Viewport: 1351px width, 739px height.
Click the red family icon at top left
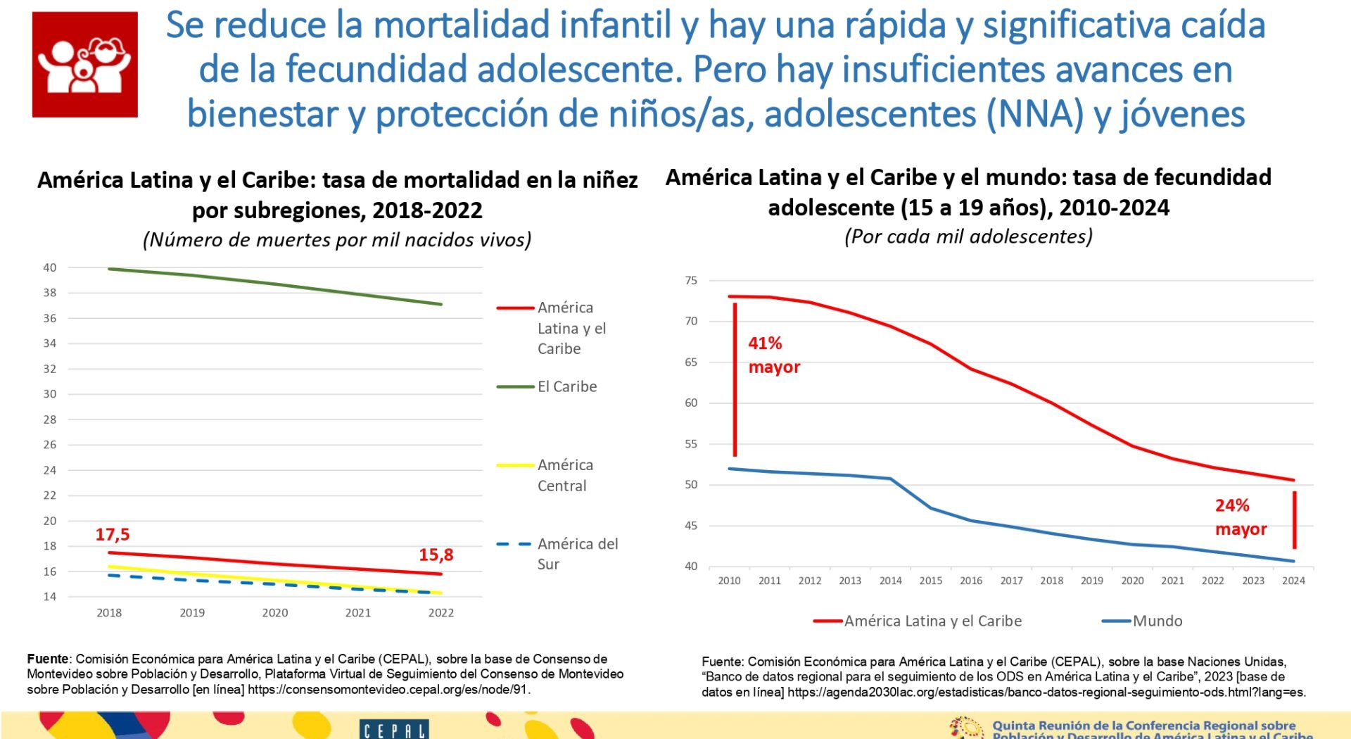click(84, 64)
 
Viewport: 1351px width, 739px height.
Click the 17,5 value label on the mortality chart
click(113, 534)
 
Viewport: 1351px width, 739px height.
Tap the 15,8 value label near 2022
click(436, 555)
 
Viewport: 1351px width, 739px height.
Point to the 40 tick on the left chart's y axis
click(49, 267)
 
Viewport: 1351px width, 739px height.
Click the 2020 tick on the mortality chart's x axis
click(275, 613)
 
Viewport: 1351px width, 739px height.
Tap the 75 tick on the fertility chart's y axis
click(691, 281)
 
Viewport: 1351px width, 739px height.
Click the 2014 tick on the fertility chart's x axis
click(890, 581)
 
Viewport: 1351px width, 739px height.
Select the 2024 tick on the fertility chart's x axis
click(1293, 581)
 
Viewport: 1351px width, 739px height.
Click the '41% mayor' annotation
click(773, 355)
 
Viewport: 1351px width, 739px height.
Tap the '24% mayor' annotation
click(1240, 517)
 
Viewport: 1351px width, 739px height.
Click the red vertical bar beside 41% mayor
click(735, 380)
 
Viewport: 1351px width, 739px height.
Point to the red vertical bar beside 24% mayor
click(1294, 519)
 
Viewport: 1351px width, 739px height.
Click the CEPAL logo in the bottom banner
click(393, 730)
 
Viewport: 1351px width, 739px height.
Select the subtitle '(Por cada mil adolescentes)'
click(968, 236)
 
